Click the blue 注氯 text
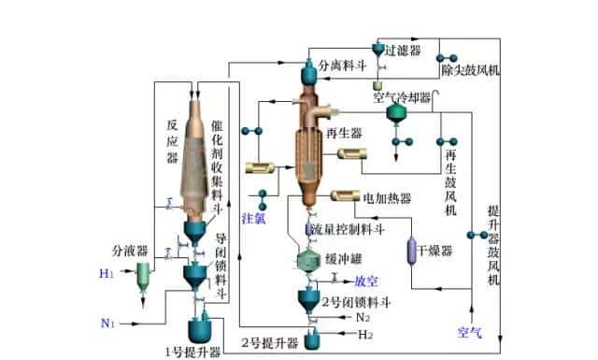click(x=254, y=218)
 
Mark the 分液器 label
click(x=130, y=251)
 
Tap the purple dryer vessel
click(x=410, y=252)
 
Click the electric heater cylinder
click(x=346, y=197)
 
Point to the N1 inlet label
click(x=107, y=324)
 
